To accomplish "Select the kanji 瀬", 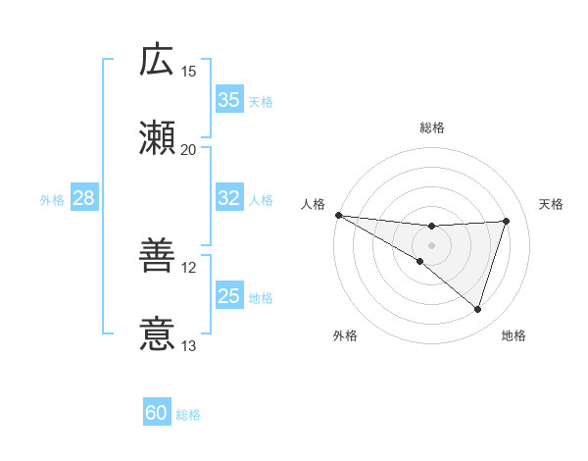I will pyautogui.click(x=157, y=137).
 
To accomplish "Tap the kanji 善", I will pyautogui.click(x=157, y=257).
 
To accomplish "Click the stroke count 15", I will pyautogui.click(x=189, y=72).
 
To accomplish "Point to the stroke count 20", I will pyautogui.click(x=189, y=149).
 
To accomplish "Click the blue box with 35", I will pyautogui.click(x=229, y=100).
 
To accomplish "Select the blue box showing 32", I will pyautogui.click(x=229, y=198).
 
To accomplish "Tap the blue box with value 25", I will pyautogui.click(x=229, y=296).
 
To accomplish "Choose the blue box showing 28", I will pyautogui.click(x=84, y=198).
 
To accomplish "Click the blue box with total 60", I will pyautogui.click(x=157, y=413).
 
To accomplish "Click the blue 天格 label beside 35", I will pyautogui.click(x=261, y=101).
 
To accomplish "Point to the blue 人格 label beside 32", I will pyautogui.click(x=261, y=199).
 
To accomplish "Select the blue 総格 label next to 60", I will pyautogui.click(x=188, y=414).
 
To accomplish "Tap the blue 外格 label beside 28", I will pyautogui.click(x=52, y=199).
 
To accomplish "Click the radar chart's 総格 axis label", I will pyautogui.click(x=432, y=128).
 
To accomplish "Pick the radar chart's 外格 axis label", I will pyautogui.click(x=345, y=335).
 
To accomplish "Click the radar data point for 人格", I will pyautogui.click(x=338, y=215).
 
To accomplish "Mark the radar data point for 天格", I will pyautogui.click(x=507, y=221).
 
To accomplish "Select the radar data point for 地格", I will pyautogui.click(x=478, y=310).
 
